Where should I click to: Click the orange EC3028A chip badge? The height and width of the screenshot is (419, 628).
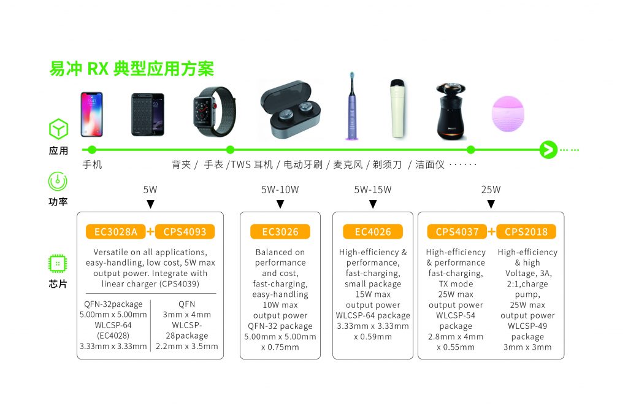pos(116,231)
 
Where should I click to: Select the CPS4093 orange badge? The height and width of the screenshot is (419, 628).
pos(185,231)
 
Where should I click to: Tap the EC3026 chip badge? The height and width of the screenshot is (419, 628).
pos(280,231)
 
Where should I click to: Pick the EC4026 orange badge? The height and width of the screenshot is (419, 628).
pos(372,231)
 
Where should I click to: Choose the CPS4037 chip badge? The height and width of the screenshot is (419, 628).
pos(457,231)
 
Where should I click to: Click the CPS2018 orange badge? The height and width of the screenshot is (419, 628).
pos(526,231)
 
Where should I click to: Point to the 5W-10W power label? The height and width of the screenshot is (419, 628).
pos(280,190)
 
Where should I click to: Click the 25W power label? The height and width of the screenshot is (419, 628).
pos(491,190)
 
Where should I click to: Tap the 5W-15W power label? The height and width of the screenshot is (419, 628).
pos(372,190)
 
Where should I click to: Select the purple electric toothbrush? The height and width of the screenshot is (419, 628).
pos(351,106)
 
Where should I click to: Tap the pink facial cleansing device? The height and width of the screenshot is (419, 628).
pos(508,113)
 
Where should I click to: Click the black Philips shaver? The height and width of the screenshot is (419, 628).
pos(451,112)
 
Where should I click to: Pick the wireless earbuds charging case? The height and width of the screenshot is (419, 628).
pos(290,109)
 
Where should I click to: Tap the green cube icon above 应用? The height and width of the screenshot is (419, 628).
pos(58,129)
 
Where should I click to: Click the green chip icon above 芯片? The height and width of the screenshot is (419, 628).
pos(58,264)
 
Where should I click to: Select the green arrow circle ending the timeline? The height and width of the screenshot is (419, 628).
pos(548,150)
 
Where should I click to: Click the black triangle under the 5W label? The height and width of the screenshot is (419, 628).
pos(150,204)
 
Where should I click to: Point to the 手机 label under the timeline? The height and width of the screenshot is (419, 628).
pos(92,164)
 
